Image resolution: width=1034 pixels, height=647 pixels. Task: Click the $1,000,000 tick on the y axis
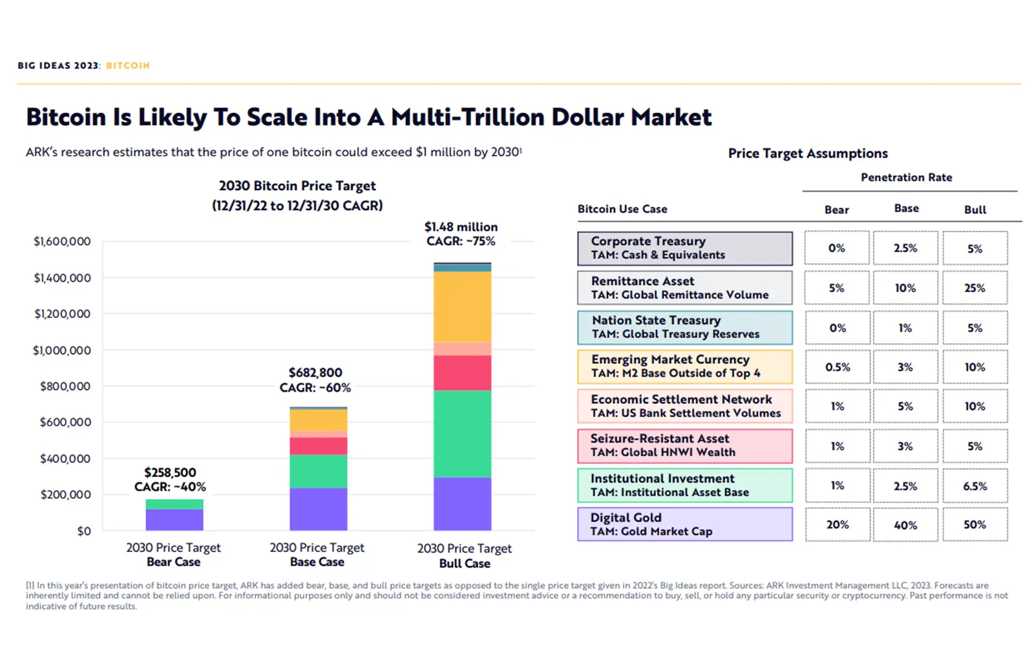(x=62, y=350)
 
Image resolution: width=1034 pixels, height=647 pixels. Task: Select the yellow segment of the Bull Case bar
(x=462, y=306)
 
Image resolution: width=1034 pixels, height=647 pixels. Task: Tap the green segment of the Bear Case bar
(x=174, y=504)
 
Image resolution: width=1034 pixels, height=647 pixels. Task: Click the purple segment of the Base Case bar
(x=318, y=509)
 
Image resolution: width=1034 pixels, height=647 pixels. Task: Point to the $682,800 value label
(x=315, y=372)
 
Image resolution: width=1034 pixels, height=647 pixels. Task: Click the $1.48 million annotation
(x=461, y=227)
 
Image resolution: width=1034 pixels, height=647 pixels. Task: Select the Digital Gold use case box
(x=684, y=524)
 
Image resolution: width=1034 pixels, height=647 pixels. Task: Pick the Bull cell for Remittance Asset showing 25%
(x=975, y=288)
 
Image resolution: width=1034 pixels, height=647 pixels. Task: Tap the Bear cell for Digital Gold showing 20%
(x=837, y=525)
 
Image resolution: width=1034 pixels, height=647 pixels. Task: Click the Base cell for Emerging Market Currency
(x=905, y=367)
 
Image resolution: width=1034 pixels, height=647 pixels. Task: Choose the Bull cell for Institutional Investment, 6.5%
(x=975, y=486)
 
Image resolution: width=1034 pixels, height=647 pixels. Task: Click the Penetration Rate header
(x=906, y=177)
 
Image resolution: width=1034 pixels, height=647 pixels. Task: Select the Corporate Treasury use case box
(x=684, y=248)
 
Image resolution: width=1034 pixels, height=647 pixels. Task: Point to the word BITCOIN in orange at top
(x=128, y=65)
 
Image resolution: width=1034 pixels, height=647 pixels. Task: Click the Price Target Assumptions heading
(x=807, y=153)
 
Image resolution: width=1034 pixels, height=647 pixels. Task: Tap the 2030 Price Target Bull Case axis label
(x=464, y=556)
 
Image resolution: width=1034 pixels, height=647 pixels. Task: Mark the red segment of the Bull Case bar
(x=462, y=373)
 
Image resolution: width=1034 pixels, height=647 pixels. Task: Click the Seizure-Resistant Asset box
(x=684, y=445)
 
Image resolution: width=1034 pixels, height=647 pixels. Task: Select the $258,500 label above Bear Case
(x=170, y=472)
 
